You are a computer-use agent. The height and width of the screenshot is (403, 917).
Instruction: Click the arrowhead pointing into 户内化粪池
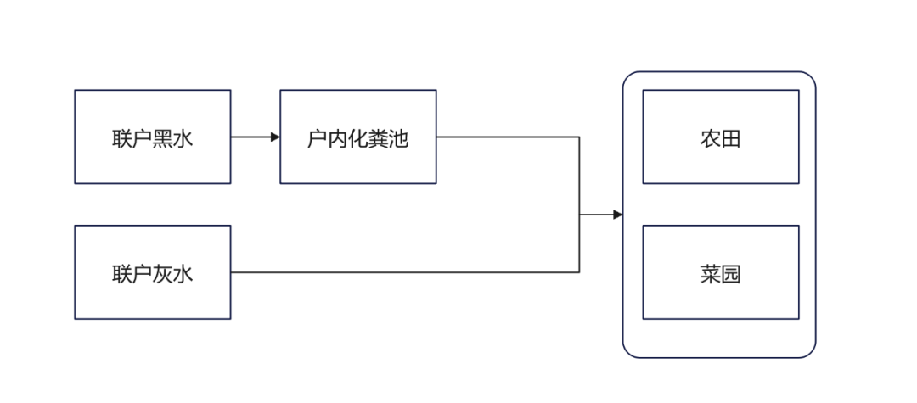tap(275, 137)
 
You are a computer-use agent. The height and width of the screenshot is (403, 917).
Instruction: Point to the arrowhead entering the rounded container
tap(617, 215)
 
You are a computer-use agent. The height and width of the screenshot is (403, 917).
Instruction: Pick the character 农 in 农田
tap(710, 138)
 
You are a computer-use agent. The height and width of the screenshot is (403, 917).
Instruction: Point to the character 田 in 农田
tap(730, 138)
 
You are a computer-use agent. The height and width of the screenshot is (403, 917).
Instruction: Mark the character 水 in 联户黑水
tap(183, 138)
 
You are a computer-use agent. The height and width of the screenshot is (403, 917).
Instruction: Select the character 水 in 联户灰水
tap(183, 274)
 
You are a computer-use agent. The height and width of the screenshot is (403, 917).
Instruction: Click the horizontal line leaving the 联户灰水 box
tap(399, 272)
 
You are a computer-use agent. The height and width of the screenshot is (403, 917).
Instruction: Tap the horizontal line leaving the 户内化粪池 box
tap(509, 137)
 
